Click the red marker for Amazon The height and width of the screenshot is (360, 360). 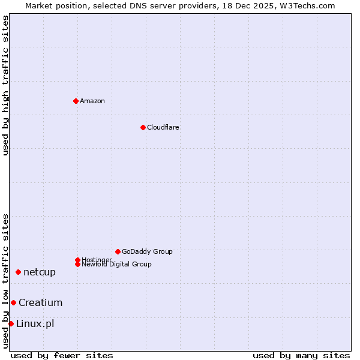point(76,101)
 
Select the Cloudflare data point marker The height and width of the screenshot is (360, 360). point(143,127)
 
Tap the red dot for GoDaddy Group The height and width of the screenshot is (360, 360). point(118,251)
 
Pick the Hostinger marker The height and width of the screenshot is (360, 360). point(77,260)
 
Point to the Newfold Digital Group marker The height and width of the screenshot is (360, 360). point(77,264)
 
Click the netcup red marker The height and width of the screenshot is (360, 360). point(18,272)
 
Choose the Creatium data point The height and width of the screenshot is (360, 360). point(13,302)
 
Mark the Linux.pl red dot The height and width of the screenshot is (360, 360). point(11,324)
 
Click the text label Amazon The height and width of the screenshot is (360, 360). point(92,101)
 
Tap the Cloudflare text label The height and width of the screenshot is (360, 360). point(163,127)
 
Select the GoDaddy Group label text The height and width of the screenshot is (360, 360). point(147,251)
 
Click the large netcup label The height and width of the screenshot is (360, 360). point(40,272)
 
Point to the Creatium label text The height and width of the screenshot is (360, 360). point(40,302)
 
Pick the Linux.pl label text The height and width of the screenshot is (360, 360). point(35,324)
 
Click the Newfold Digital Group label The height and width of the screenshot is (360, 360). point(117,265)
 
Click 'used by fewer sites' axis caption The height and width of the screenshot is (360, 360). point(62,355)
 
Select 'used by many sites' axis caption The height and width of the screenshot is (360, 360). point(301,355)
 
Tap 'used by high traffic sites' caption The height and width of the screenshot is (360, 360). point(5,85)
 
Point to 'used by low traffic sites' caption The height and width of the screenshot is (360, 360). point(5,281)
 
